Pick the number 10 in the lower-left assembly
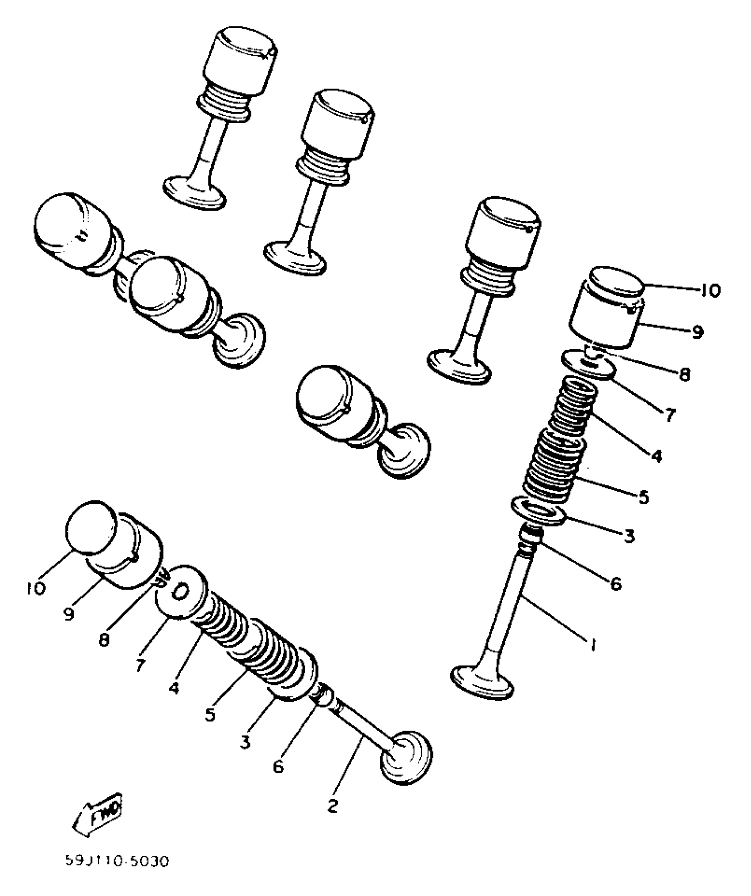(x=36, y=588)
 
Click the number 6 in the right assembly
(x=615, y=584)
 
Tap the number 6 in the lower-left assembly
(x=277, y=767)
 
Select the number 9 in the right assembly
(x=697, y=332)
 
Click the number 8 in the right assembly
(x=684, y=375)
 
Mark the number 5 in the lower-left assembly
(x=210, y=715)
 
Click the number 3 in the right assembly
(x=629, y=537)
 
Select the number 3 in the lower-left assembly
(x=246, y=741)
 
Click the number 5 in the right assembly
(x=644, y=497)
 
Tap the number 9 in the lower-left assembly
(x=68, y=614)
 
